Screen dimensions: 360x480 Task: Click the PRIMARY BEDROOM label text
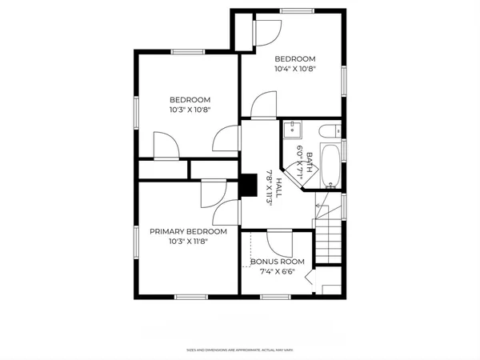coord(188,231)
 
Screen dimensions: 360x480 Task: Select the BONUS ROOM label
coord(277,262)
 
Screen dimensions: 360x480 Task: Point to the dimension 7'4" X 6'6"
coord(277,272)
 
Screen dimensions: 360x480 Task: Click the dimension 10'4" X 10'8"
coord(295,70)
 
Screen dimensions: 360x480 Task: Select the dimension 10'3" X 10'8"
coord(189,110)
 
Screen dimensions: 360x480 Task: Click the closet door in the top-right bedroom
coord(266,30)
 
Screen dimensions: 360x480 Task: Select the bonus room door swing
coord(279,242)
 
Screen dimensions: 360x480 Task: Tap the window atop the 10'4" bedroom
coord(295,10)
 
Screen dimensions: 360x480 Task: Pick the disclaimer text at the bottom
coord(239,350)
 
